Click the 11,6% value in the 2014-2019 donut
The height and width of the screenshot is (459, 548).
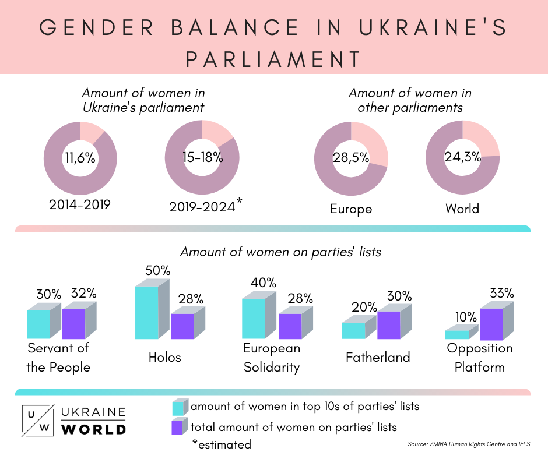click(80, 158)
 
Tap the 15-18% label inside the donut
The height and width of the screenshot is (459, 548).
click(202, 158)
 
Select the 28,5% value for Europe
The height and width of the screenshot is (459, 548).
click(351, 158)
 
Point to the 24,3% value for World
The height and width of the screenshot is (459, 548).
click(463, 158)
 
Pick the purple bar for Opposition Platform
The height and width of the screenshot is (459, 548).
click(491, 324)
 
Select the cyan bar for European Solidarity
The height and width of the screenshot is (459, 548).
click(254, 318)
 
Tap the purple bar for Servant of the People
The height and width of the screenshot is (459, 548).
click(73, 323)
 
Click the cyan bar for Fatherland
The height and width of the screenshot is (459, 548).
click(353, 330)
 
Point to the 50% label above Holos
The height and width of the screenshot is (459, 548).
click(158, 271)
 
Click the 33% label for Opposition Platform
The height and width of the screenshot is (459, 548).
click(501, 293)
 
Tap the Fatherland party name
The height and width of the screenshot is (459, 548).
click(378, 357)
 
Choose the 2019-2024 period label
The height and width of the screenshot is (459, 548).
click(202, 206)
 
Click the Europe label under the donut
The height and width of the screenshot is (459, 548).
click(351, 209)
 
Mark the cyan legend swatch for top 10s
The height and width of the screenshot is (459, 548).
click(179, 407)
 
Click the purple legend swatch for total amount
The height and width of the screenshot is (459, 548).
click(179, 427)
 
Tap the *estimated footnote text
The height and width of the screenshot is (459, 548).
click(222, 444)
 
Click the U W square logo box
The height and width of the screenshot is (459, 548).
click(38, 420)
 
